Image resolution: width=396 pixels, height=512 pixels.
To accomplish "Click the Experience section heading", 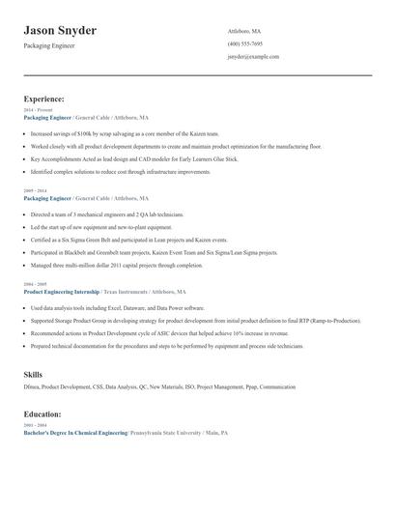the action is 44,99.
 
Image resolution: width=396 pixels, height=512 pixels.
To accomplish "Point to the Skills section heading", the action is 33,372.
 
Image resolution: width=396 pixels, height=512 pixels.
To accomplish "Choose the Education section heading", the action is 43,414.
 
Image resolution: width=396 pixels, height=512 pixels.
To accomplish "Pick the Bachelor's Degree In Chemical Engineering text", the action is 75,434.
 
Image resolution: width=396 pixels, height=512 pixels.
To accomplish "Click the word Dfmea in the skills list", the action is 31,387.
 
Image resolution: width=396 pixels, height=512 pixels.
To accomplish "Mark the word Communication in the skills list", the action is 278,387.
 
